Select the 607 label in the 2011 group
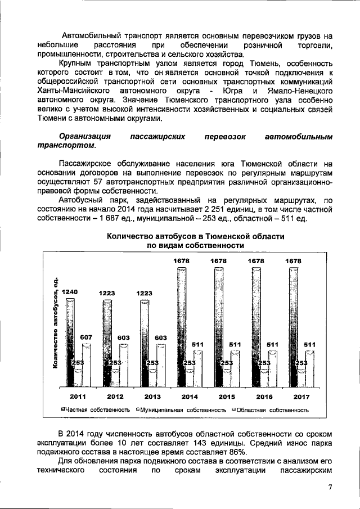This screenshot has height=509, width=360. [87, 337]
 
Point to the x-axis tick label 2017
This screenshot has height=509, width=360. [301, 397]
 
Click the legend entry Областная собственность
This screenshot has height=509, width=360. [270, 410]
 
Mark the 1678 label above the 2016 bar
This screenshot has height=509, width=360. [257, 261]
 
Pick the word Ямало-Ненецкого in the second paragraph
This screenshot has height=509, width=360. [302, 91]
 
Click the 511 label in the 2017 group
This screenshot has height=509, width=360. [309, 344]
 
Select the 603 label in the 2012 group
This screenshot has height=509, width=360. [123, 337]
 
